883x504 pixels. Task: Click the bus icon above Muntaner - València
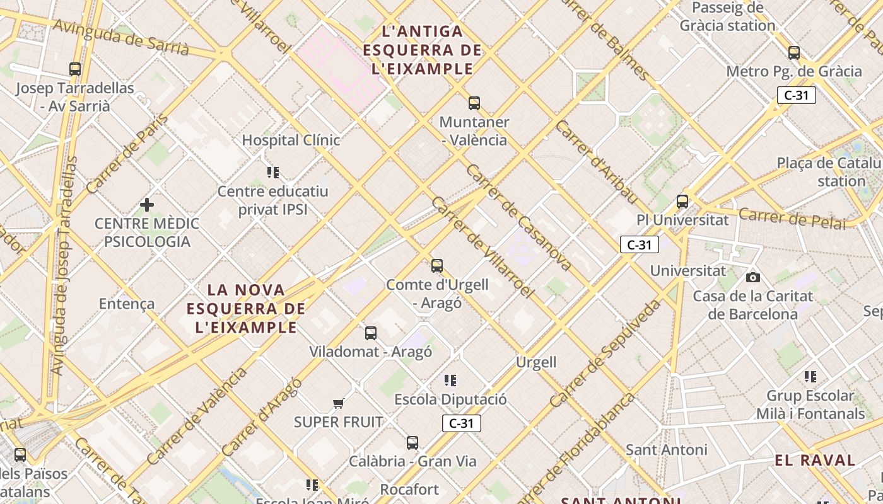[474, 103]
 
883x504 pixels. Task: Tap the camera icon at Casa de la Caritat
[752, 277]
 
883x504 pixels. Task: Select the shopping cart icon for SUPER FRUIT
[339, 403]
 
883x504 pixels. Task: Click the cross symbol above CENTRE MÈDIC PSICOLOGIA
[147, 205]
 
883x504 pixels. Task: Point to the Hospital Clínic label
[291, 140]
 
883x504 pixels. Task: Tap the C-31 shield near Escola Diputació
[462, 423]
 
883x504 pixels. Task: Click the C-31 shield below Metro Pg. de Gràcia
[797, 95]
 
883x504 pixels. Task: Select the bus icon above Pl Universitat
[682, 202]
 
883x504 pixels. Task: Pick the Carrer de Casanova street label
[518, 217]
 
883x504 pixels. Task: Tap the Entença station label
[127, 304]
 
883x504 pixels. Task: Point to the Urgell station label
[536, 362]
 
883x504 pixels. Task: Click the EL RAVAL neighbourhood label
[815, 460]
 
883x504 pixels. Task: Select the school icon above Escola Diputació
[450, 380]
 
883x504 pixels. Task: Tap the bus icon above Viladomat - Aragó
[371, 333]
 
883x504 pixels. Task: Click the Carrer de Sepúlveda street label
[605, 353]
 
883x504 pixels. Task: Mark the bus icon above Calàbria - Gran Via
[412, 442]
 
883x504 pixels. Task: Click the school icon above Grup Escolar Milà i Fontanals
[810, 377]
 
